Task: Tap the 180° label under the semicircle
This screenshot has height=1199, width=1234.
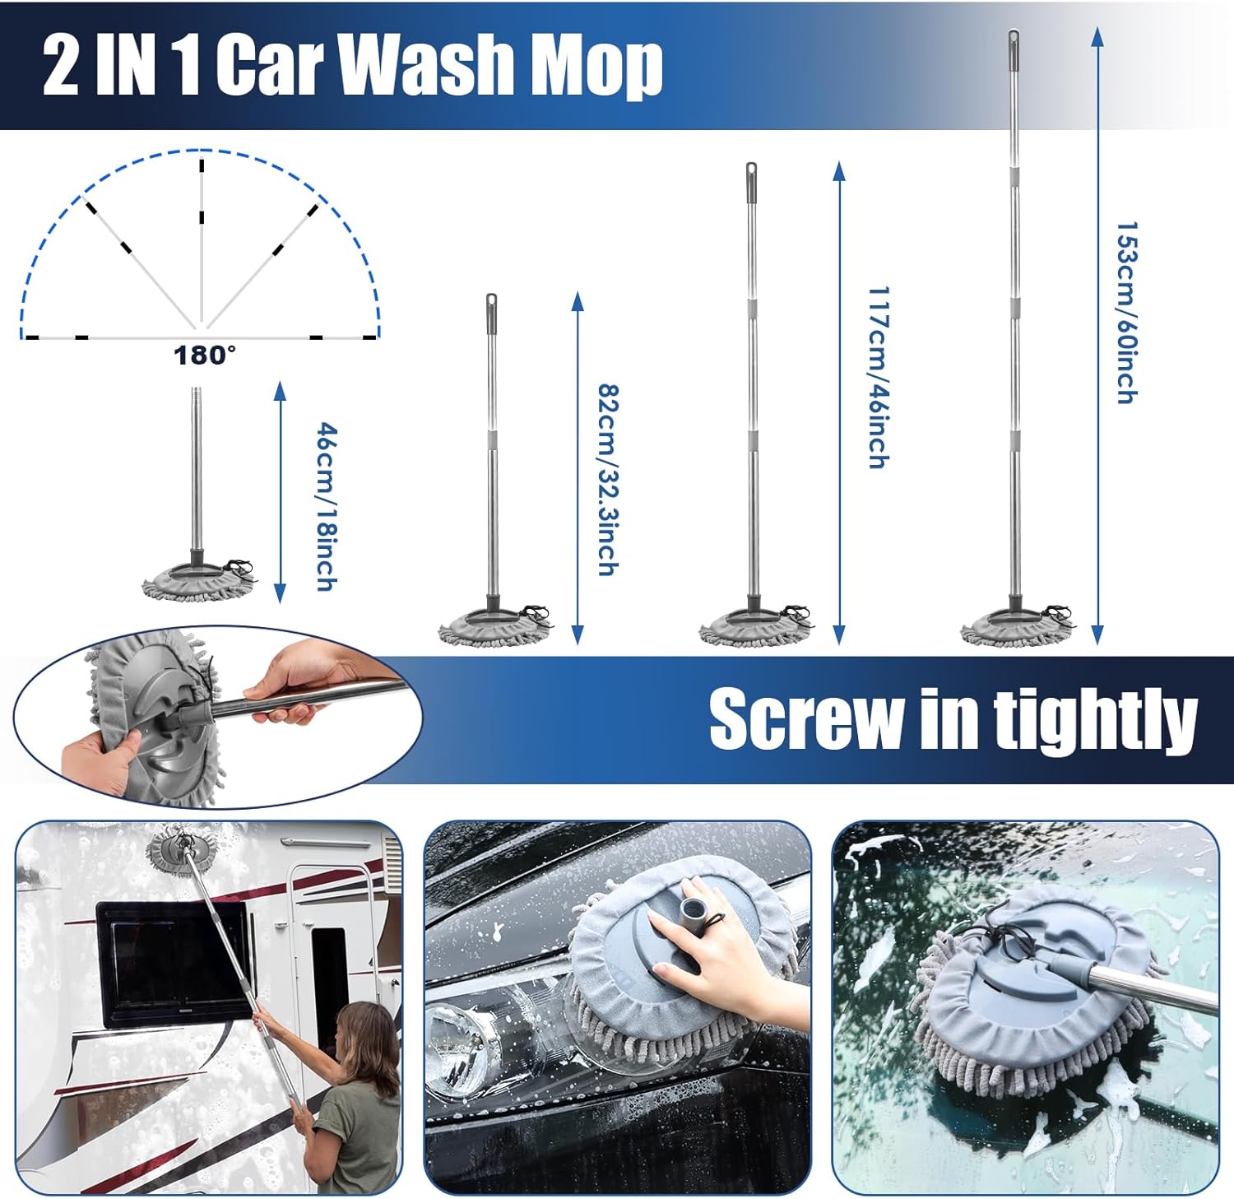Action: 204,356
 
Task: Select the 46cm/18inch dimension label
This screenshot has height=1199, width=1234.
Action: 327,507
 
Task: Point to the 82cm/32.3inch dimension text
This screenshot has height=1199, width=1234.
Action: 607,480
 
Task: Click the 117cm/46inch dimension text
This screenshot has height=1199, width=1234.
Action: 879,378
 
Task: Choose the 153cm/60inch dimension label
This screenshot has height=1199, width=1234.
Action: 1126,312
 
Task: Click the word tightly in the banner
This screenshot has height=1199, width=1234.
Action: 1095,720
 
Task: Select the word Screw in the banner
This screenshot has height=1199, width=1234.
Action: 806,720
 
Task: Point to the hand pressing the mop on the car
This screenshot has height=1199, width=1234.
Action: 717,946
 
